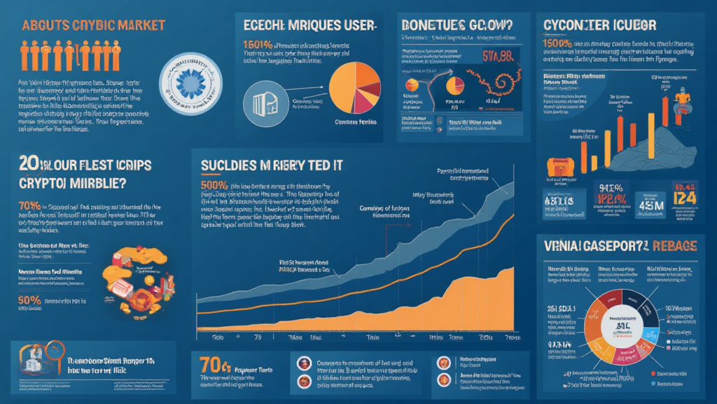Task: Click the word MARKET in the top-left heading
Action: pos(139,25)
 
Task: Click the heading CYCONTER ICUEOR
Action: pos(599,25)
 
